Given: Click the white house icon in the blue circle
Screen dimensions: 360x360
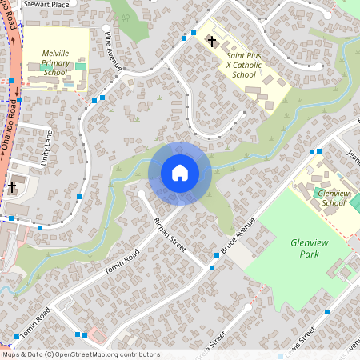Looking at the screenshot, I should pyautogui.click(x=179, y=173).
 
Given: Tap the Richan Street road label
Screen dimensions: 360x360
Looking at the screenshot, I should pyautogui.click(x=170, y=232).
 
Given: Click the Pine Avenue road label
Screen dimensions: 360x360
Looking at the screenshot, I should pyautogui.click(x=113, y=50).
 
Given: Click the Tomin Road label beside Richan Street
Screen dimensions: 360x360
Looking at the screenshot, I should pyautogui.click(x=122, y=261).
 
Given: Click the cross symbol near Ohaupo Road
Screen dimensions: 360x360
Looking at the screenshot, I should pyautogui.click(x=12, y=188).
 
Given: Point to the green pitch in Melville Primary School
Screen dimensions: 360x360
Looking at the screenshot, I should pyautogui.click(x=79, y=66).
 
